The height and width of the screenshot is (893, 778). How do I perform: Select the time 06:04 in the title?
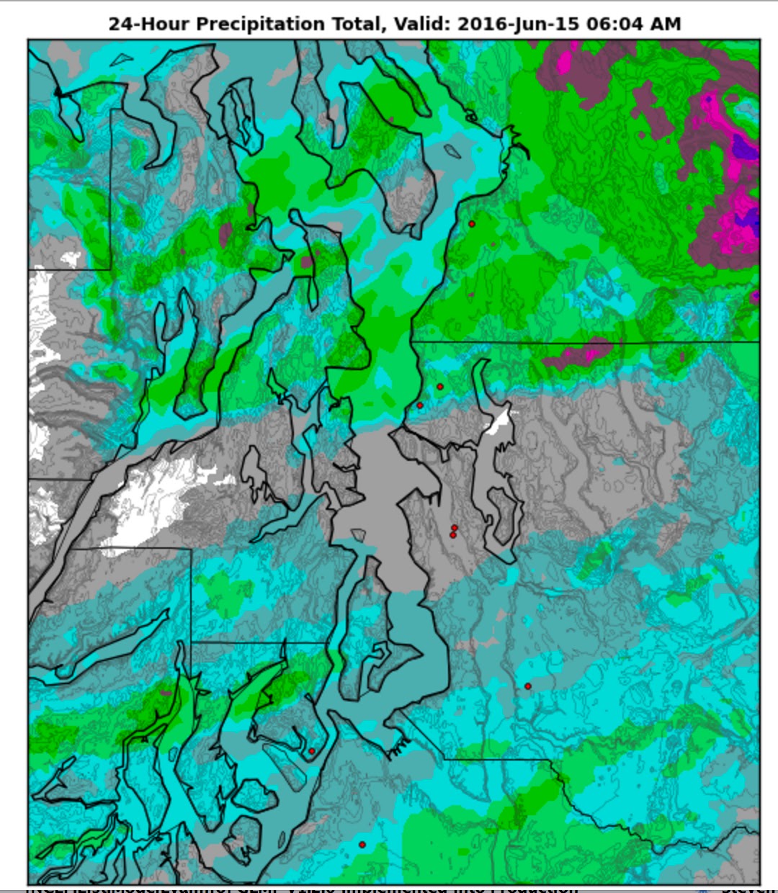pyautogui.click(x=617, y=24)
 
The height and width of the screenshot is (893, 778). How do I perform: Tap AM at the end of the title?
pyautogui.click(x=666, y=24)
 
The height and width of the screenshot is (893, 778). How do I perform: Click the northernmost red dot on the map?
pyautogui.click(x=472, y=224)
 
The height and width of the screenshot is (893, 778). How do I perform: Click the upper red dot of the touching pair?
pyautogui.click(x=455, y=528)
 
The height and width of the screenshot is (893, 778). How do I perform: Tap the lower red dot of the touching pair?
pyautogui.click(x=453, y=535)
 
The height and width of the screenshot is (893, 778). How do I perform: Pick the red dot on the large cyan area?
pyautogui.click(x=528, y=686)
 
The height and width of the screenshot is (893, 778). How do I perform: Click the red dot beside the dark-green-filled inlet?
pyautogui.click(x=312, y=751)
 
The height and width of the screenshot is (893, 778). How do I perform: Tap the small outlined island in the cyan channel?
pyautogui.click(x=452, y=151)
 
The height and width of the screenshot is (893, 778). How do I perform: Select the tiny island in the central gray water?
pyautogui.click(x=358, y=534)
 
